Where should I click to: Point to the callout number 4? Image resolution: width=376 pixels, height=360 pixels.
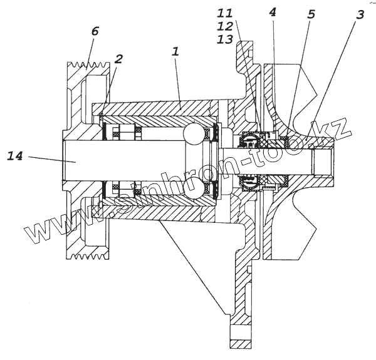coord(271,12)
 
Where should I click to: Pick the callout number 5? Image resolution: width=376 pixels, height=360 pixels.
coord(311,14)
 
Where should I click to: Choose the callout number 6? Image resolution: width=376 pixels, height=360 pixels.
coord(94,31)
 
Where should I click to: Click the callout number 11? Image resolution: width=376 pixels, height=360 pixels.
coord(225,13)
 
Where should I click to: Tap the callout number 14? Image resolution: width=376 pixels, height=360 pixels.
coord(16,155)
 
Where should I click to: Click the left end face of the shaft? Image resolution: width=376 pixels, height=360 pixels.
coord(63,161)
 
